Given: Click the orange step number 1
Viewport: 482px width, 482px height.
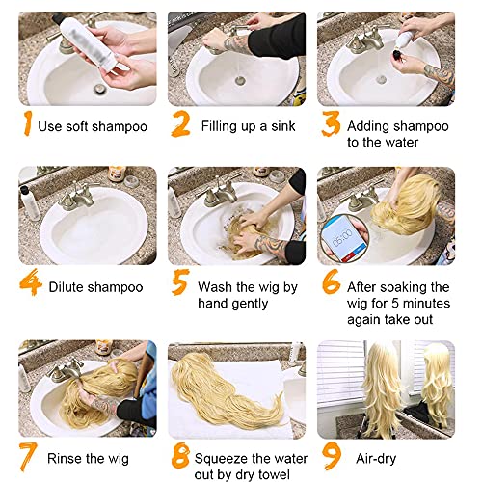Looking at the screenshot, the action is click(28, 123).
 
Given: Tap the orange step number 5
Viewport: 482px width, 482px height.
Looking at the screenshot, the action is click(179, 282).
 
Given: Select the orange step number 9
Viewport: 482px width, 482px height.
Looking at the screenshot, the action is click(332, 456).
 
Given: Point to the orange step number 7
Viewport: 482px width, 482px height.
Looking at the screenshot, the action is click(28, 456).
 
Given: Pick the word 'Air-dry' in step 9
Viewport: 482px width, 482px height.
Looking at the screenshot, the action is click(376, 459).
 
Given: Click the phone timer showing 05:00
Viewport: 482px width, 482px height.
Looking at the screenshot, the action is click(344, 238).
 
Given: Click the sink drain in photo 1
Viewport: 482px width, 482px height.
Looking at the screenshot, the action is click(100, 89).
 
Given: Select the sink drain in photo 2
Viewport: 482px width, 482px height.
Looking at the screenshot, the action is click(240, 80).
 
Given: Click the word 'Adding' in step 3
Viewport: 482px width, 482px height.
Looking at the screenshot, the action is click(365, 126).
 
